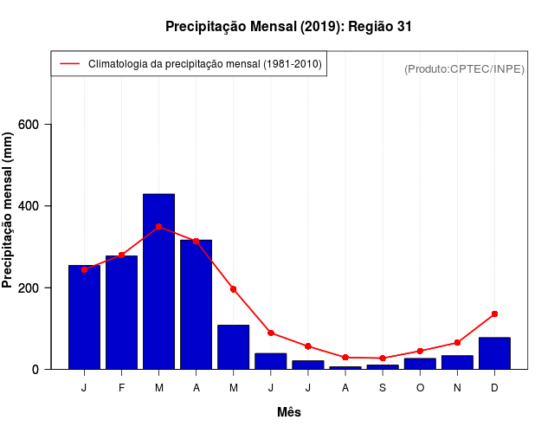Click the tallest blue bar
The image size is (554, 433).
point(158,281)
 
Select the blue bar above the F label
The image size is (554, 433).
point(121,312)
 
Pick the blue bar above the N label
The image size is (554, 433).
point(457,362)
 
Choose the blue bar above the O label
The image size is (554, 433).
point(420,364)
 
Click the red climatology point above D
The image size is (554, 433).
point(494,313)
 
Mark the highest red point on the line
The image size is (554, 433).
point(158,227)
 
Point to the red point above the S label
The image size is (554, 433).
point(383,358)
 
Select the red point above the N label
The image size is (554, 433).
point(457,343)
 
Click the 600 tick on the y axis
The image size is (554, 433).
point(38,125)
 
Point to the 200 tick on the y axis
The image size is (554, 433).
point(38,288)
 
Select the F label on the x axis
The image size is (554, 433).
point(121,388)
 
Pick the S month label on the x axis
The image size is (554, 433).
point(383,388)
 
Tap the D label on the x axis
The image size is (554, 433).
point(494,388)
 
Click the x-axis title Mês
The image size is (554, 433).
point(289,412)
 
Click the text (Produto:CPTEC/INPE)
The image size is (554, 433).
point(465,68)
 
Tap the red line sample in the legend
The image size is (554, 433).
point(69,64)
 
